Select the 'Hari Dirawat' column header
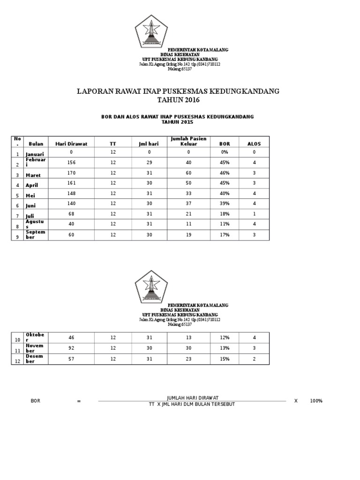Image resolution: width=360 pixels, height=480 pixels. (71, 144)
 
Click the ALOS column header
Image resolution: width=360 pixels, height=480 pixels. (254, 144)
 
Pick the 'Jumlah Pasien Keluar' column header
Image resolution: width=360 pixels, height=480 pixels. (188, 142)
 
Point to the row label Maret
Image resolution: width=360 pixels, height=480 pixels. (34, 175)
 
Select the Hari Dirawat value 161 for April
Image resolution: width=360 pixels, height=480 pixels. (71, 183)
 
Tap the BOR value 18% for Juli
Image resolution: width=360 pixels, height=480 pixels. (225, 214)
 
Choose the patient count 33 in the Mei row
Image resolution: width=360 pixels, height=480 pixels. (188, 194)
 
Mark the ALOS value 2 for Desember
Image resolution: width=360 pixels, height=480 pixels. (254, 358)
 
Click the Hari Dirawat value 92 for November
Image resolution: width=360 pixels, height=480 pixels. (71, 348)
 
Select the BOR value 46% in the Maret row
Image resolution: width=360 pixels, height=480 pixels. (225, 173)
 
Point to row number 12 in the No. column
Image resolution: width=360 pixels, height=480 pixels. (18, 360)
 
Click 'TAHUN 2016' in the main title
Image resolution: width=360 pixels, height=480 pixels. (178, 100)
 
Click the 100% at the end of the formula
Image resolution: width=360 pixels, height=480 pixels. (316, 401)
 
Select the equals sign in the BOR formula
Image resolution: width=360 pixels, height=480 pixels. (79, 401)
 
